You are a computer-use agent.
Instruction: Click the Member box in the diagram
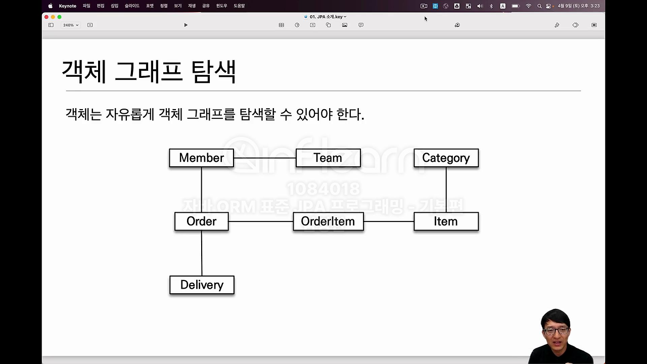(201, 158)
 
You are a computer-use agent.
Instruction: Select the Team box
(328, 158)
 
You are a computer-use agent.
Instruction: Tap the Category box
(446, 158)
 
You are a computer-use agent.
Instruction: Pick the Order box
(201, 221)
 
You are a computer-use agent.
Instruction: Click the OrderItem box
(328, 221)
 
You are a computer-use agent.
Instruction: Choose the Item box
(446, 221)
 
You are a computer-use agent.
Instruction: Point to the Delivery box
(202, 285)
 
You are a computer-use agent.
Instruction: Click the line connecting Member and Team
(264, 158)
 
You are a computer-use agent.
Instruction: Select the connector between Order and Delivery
(202, 253)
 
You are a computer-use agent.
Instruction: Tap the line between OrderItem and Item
(389, 221)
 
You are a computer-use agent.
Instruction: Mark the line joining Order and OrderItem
(261, 221)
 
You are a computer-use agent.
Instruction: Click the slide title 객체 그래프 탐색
(149, 72)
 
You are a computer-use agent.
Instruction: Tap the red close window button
(47, 17)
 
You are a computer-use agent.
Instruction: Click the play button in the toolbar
(186, 25)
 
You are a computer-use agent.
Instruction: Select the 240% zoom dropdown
(70, 25)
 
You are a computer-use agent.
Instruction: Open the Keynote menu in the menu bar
(68, 6)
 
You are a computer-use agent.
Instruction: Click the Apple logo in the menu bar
(51, 6)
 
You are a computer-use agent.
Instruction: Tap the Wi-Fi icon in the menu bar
(528, 6)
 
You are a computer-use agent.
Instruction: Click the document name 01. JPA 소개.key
(328, 17)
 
